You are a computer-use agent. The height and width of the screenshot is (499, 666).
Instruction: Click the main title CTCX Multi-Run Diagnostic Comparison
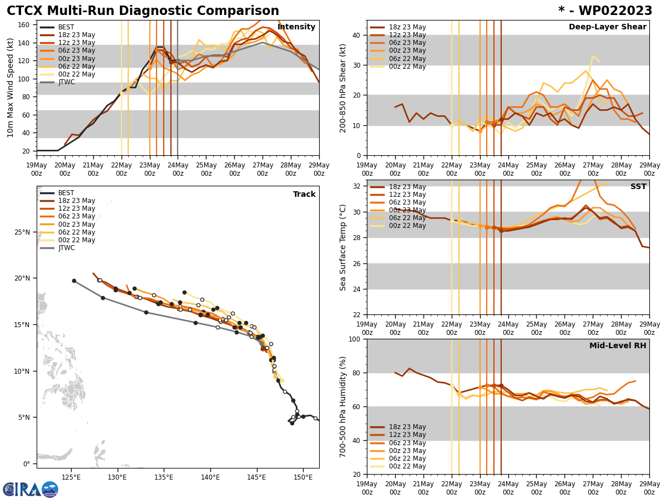[x=143, y=11]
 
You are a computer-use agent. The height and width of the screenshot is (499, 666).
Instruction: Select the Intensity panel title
[x=296, y=27]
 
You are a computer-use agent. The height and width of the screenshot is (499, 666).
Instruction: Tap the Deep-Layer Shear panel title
[x=607, y=27]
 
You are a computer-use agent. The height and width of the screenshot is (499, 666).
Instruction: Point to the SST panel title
[x=638, y=187]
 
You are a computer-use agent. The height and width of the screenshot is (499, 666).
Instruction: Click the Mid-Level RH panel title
[x=618, y=346]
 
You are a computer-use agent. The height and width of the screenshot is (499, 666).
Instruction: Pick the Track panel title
[x=304, y=195]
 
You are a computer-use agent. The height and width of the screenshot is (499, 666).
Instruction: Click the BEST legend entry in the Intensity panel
[x=66, y=27]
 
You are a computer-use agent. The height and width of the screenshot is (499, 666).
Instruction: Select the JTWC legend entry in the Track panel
[x=66, y=248]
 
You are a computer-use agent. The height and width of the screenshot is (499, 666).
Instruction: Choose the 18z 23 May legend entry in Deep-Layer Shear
[x=407, y=27]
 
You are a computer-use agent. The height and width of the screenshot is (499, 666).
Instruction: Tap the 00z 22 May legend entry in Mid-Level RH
[x=407, y=466]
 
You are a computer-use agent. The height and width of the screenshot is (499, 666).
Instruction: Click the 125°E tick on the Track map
[x=71, y=477]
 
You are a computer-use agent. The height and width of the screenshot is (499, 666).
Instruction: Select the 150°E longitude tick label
[x=303, y=477]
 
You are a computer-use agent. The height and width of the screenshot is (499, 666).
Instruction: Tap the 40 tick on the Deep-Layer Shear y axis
[x=355, y=35]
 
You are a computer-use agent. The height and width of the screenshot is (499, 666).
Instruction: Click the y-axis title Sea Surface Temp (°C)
[x=344, y=247]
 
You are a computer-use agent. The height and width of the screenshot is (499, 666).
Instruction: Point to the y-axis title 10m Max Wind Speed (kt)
[x=11, y=88]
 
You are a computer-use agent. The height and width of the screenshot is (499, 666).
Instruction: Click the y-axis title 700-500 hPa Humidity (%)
[x=344, y=406]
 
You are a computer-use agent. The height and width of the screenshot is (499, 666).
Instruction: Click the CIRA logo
[x=31, y=490]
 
